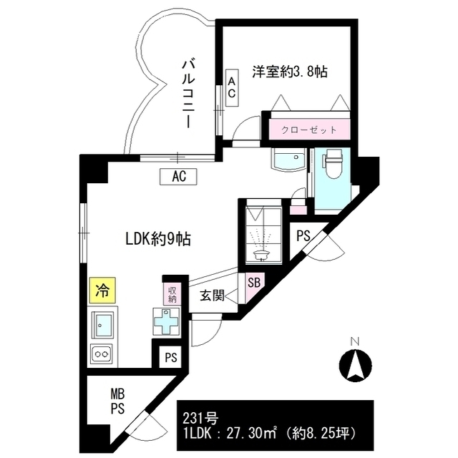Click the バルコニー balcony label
(x=187, y=94)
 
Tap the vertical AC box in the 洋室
(x=232, y=88)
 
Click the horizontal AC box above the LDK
(x=179, y=175)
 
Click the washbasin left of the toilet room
(x=288, y=160)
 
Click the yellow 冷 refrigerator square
(x=102, y=291)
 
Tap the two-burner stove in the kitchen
(x=102, y=353)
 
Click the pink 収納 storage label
(x=172, y=293)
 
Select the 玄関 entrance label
(x=213, y=293)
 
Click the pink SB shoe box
(x=254, y=282)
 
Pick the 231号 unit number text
(x=198, y=419)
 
